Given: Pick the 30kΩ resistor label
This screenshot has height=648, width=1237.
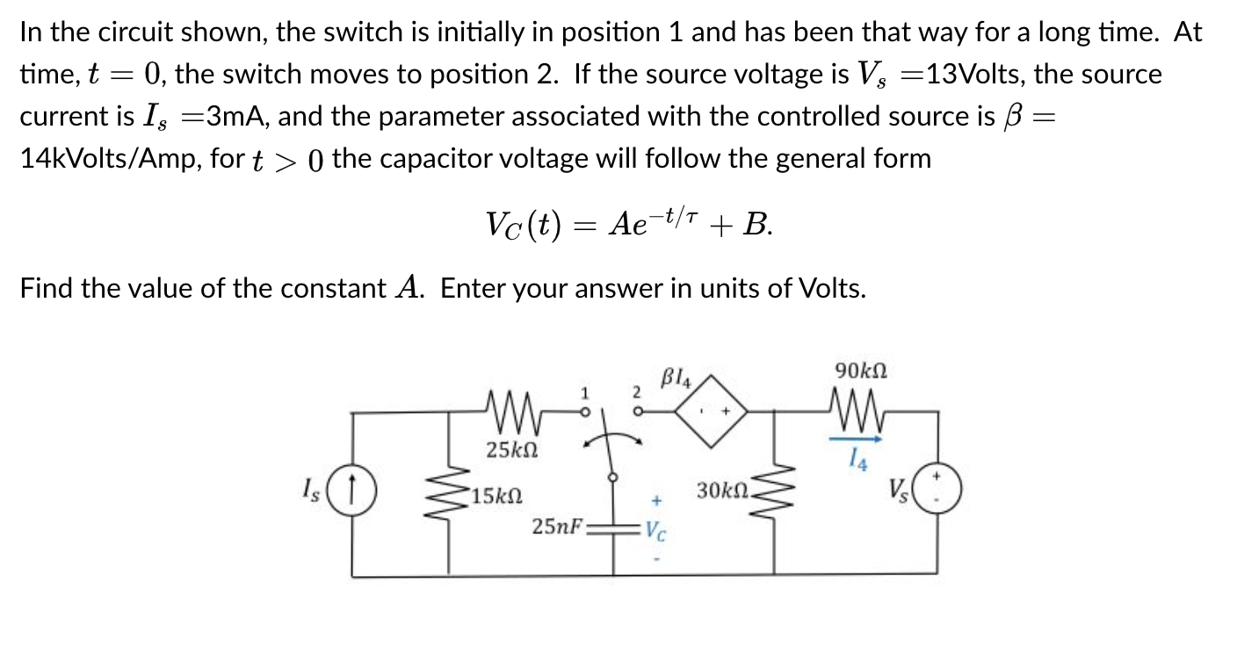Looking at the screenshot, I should pos(721,489).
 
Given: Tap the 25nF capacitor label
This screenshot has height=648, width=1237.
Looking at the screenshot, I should pos(559,527).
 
